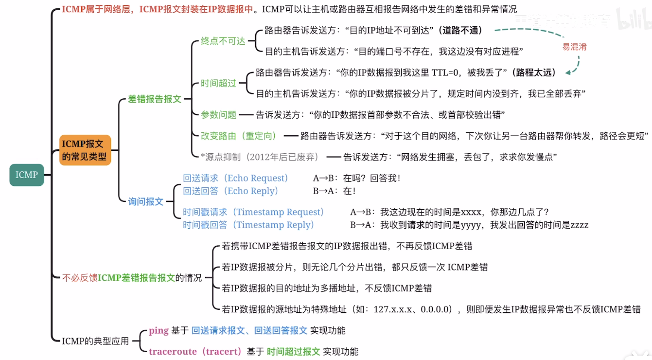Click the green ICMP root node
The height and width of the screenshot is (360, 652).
pos(26,175)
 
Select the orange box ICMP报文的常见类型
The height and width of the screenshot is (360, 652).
pos(85,150)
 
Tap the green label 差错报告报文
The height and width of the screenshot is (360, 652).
pos(154,99)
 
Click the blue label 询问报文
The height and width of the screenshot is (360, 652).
pos(145,201)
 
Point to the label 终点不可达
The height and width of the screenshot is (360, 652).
pos(223,41)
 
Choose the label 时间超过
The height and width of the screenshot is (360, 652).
pos(218,83)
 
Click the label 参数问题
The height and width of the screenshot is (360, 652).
pos(218,115)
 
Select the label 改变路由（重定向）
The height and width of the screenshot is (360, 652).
pos(239,136)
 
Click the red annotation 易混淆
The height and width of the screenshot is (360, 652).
pos(574,47)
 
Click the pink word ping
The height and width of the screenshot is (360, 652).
pos(159,331)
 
